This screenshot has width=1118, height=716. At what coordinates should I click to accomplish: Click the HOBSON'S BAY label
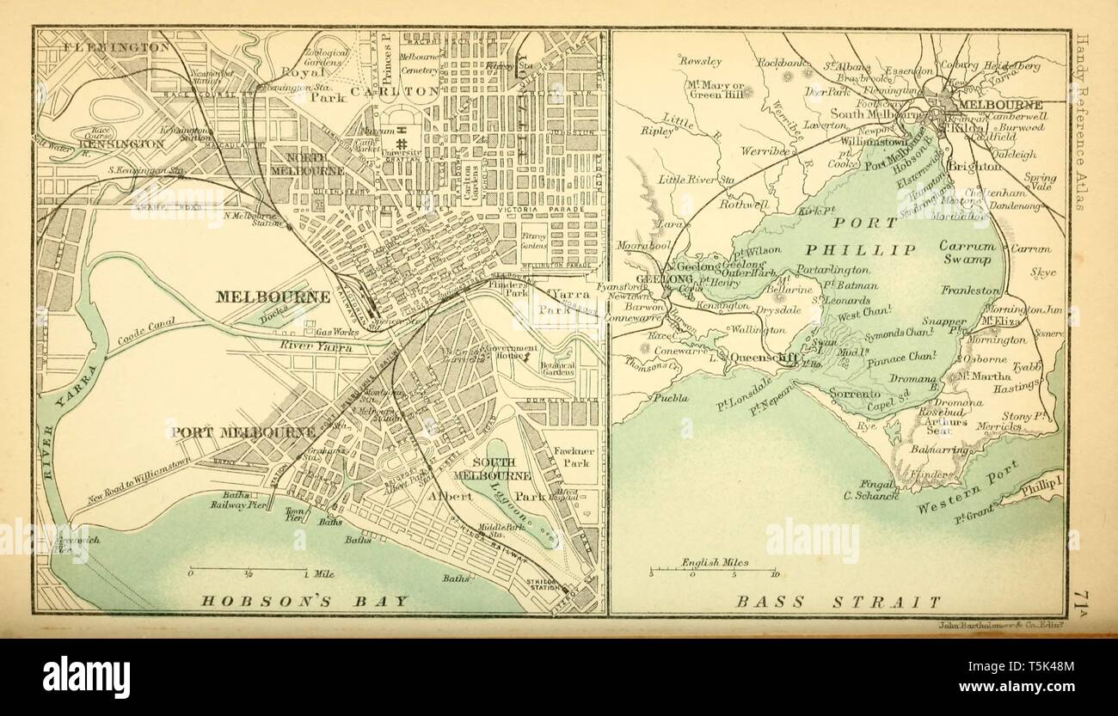[304, 601]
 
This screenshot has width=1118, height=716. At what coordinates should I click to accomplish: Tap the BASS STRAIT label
[838, 603]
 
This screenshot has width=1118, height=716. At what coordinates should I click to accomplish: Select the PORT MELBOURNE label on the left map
[243, 432]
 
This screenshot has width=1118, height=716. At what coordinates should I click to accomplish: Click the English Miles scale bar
[714, 568]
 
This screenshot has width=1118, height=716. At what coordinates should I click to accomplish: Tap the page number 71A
[1083, 597]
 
